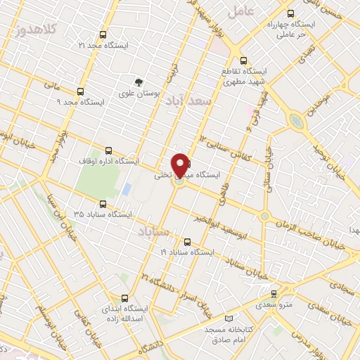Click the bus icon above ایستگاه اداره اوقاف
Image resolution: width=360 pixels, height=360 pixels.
point(108,150)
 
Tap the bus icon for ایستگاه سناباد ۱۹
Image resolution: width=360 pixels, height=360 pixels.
point(186,240)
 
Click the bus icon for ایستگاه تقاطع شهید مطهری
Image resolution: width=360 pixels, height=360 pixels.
point(243,60)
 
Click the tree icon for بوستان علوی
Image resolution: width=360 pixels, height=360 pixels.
point(139,82)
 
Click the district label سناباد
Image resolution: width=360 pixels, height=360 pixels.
point(153,231)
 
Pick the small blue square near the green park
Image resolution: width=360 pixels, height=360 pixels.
point(127,189)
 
